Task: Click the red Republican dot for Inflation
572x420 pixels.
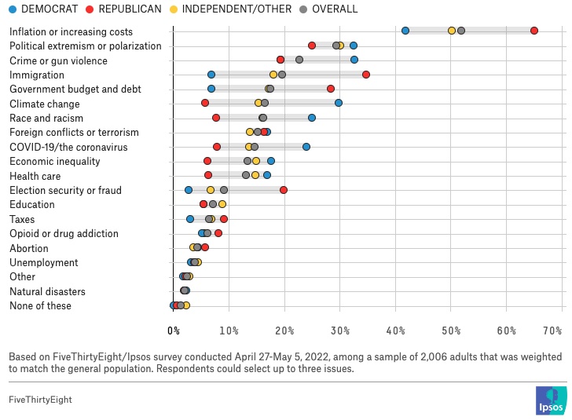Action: pos(534,31)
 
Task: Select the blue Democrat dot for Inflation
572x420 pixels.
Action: pos(405,31)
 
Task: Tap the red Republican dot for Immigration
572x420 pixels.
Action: pos(366,75)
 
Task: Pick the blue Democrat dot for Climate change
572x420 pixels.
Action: pos(339,103)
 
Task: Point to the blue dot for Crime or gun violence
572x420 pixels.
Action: pos(354,60)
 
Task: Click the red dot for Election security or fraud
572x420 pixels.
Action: pos(284,190)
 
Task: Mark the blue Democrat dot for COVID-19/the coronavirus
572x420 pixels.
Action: pos(306,147)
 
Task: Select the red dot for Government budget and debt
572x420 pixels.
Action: pos(331,89)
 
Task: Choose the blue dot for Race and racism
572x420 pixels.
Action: pos(312,118)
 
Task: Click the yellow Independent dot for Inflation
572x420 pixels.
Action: pos(452,31)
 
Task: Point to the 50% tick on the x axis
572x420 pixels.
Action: pos(451,330)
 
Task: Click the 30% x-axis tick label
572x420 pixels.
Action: pos(340,330)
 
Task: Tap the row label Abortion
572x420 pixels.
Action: pos(29,248)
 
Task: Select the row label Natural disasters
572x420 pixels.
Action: pos(47,291)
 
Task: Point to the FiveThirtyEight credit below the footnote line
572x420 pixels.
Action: pos(40,400)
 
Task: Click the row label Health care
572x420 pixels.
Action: pos(35,176)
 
